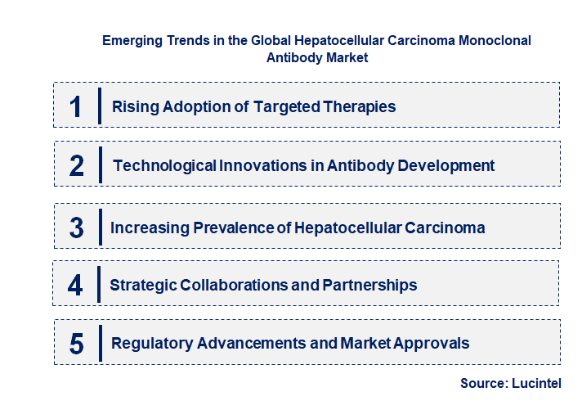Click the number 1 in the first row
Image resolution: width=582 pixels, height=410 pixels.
pos(76,106)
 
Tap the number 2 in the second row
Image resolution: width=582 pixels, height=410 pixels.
pos(77,166)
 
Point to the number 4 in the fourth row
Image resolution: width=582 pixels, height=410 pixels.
pos(76,286)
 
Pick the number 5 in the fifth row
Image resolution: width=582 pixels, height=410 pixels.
pos(77,344)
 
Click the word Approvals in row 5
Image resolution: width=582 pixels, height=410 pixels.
pos(432,344)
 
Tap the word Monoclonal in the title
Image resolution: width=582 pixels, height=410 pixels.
pos(498,40)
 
